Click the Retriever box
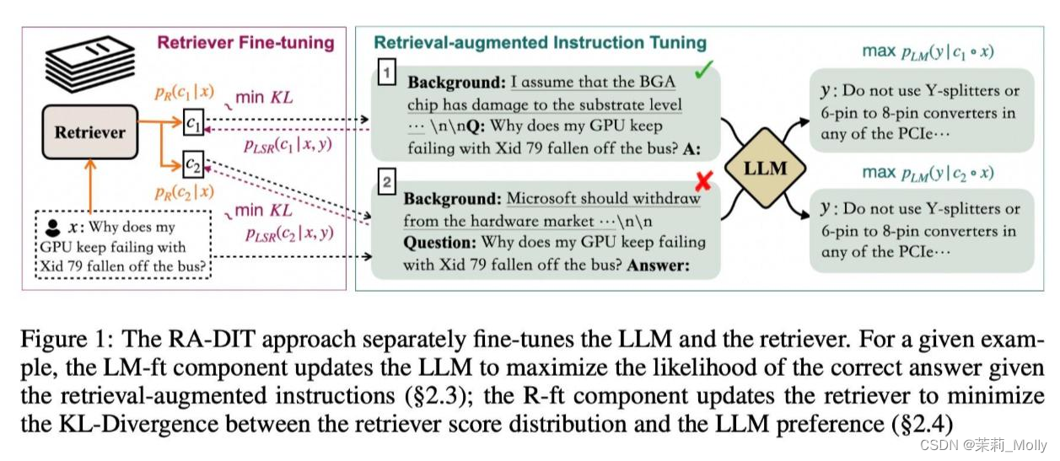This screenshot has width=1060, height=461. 89,132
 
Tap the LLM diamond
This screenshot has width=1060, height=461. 765,169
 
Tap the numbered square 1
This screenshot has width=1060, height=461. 386,74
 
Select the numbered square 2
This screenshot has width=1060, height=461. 386,181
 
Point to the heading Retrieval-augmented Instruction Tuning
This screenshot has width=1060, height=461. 540,42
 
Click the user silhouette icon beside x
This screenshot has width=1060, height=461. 52,227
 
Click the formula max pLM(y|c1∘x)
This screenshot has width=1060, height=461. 927,51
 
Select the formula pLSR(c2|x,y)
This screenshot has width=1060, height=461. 288,233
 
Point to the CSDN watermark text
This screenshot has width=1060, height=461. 982,445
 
